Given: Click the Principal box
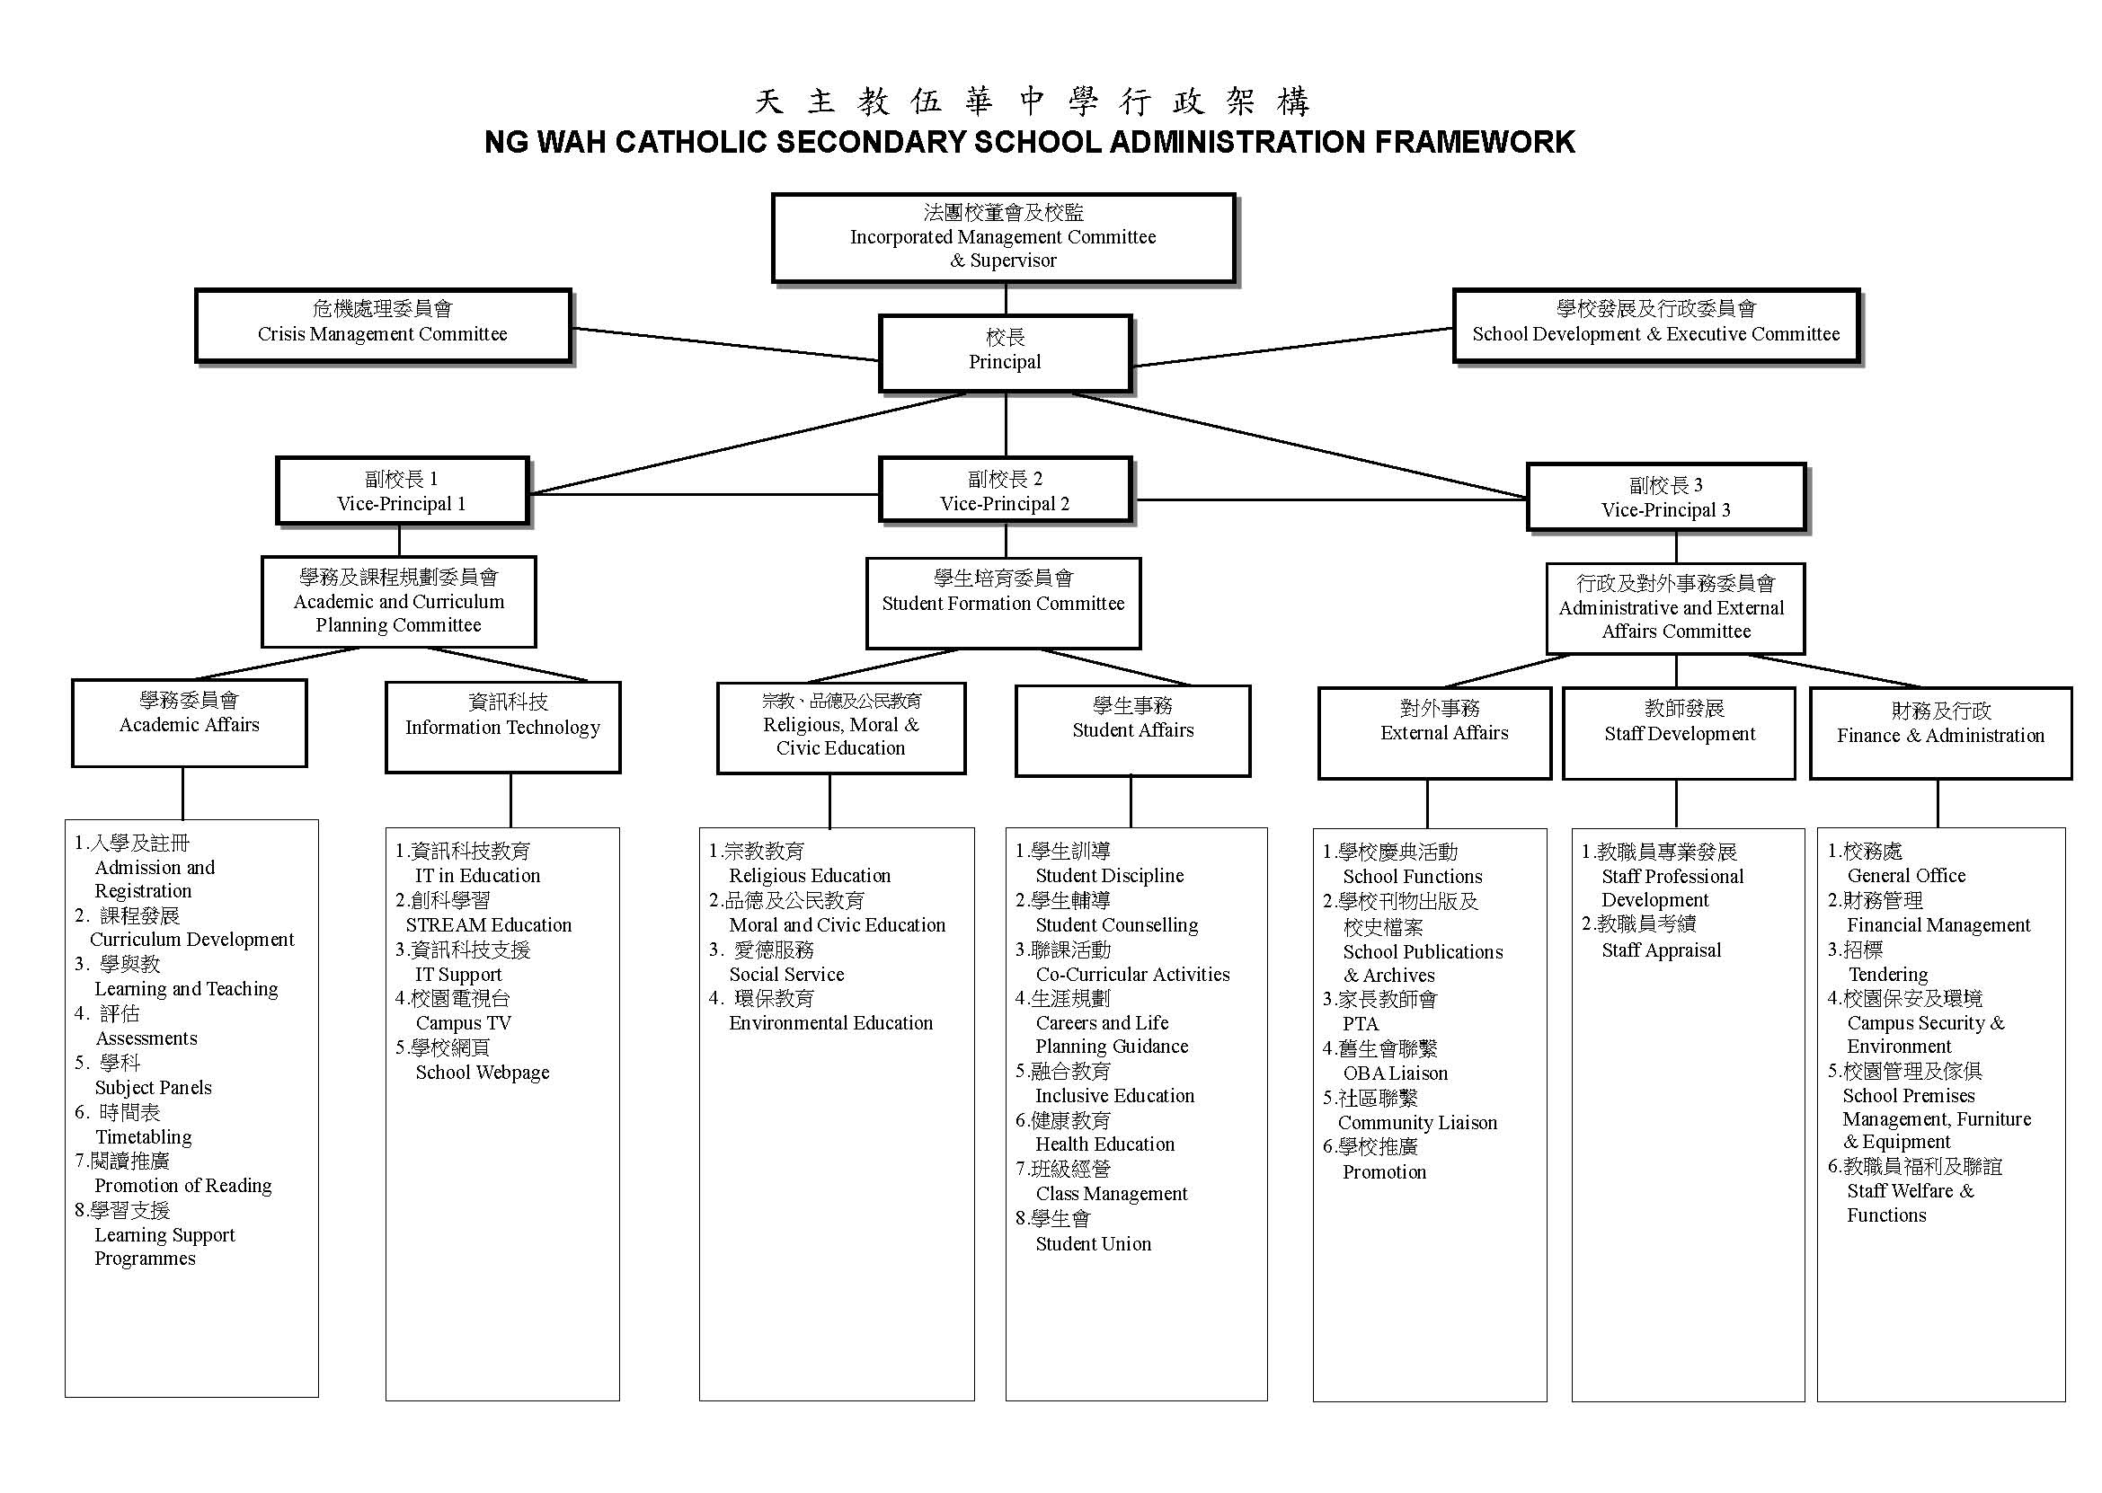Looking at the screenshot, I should tap(1004, 352).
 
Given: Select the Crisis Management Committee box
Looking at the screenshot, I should tap(383, 324).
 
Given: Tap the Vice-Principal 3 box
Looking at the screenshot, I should tap(1665, 498).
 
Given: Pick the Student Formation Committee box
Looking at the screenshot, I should tap(1002, 602).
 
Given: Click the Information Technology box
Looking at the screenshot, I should tap(502, 726).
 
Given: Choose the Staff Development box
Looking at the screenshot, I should tap(1679, 733).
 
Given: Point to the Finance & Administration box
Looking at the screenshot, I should tap(1940, 734).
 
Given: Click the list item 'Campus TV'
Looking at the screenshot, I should tap(463, 1022).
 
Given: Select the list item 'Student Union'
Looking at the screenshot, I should tap(1093, 1243).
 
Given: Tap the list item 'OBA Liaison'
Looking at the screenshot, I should tap(1395, 1073).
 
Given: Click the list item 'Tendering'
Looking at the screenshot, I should tap(1887, 974).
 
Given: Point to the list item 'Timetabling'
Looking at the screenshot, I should tap(144, 1136).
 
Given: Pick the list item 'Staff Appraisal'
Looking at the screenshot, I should tap(1661, 950).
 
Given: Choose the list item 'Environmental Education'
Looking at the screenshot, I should tap(830, 1022).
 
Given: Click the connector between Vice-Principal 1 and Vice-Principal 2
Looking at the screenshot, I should tap(704, 495).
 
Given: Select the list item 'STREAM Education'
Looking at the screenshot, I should tap(488, 924).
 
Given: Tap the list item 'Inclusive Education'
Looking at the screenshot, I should tap(1114, 1095).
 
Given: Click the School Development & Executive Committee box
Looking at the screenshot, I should tap(1655, 324).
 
